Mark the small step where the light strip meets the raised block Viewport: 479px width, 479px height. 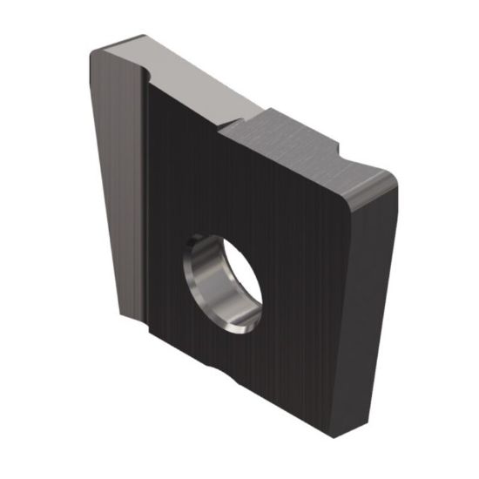(228, 122)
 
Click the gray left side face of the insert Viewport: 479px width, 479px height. (113, 174)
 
